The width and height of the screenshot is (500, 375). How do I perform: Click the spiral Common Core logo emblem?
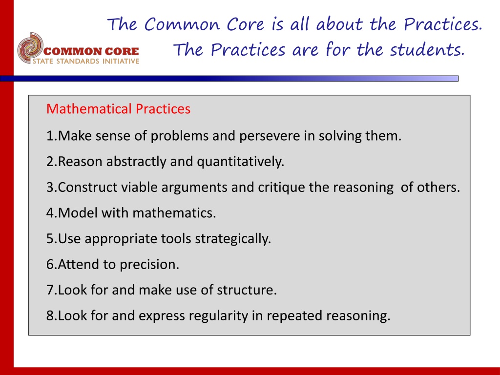pyautogui.click(x=30, y=48)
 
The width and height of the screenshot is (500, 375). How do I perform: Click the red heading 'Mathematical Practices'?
pyautogui.click(x=118, y=109)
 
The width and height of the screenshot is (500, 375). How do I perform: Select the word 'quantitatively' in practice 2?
pyautogui.click(x=240, y=162)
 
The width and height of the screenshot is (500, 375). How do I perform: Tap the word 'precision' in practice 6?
pyautogui.click(x=149, y=265)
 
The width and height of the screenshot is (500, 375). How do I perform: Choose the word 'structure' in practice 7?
pyautogui.click(x=247, y=290)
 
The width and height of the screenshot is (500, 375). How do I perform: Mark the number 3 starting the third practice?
pyautogui.click(x=50, y=187)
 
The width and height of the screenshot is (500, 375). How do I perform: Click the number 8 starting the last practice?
pyautogui.click(x=50, y=316)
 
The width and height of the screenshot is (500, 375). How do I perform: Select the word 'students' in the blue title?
pyautogui.click(x=427, y=50)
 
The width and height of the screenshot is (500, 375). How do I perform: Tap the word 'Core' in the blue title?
pyautogui.click(x=245, y=24)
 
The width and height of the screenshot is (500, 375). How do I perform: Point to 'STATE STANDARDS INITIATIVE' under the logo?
pyautogui.click(x=86, y=61)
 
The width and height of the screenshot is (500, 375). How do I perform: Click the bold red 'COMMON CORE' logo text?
pyautogui.click(x=91, y=51)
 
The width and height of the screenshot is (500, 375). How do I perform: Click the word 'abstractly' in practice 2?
pyautogui.click(x=136, y=162)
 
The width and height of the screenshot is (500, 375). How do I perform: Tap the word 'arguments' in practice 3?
pyautogui.click(x=194, y=187)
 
